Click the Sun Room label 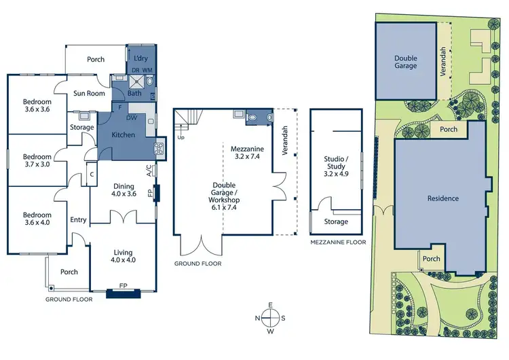(x=88, y=94)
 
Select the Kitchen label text (x=121, y=134)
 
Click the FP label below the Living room (x=124, y=286)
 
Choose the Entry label (x=79, y=219)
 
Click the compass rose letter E (x=270, y=304)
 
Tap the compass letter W (x=270, y=331)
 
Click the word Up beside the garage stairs (x=181, y=137)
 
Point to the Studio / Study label (x=335, y=162)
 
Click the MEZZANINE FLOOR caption (x=337, y=242)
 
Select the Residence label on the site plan (x=442, y=198)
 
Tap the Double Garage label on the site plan (x=405, y=62)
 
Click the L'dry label (x=141, y=59)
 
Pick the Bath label (x=134, y=93)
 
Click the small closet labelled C (x=91, y=174)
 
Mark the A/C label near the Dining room (x=149, y=170)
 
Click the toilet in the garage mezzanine (x=253, y=117)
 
